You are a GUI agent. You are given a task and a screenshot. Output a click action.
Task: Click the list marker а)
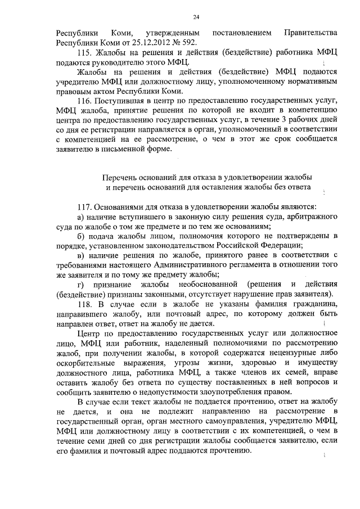coord(81,217)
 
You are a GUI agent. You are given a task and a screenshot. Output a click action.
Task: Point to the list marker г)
coord(80,284)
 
